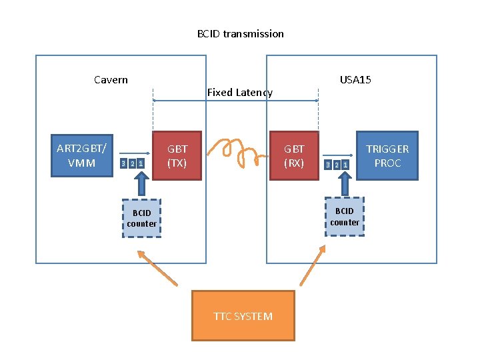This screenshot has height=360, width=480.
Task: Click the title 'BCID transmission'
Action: pos(240,33)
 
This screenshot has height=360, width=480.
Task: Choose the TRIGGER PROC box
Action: pos(387,155)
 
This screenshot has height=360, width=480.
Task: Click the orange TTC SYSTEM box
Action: pos(243,316)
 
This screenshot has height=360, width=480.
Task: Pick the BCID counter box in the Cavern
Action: pos(141,218)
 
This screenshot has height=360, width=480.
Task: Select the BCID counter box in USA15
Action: pos(345,217)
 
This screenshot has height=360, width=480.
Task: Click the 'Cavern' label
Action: pos(111,80)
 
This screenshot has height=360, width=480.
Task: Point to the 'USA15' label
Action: pos(355,80)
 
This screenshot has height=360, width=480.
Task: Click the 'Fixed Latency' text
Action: pos(239,93)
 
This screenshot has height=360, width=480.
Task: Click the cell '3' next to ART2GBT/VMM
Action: pos(123,164)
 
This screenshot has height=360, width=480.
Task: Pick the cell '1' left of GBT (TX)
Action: pos(141,164)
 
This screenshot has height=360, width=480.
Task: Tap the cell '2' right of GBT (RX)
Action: pos(336,164)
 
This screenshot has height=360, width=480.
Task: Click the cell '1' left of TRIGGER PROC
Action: pos(345,164)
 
